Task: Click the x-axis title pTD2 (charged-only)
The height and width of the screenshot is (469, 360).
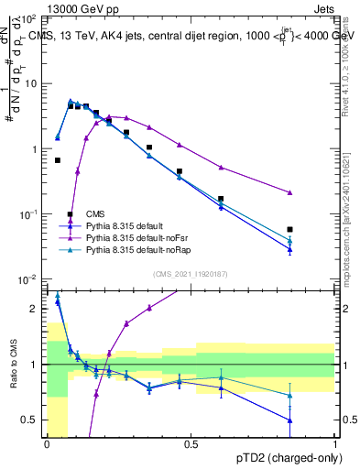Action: pos(289,456)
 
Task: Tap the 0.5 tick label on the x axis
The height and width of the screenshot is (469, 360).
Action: pos(191,444)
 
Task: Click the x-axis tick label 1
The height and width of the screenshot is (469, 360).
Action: pos(336,444)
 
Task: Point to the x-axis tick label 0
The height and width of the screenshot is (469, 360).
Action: pos(47,444)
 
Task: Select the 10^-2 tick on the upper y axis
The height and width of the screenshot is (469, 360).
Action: pos(30,278)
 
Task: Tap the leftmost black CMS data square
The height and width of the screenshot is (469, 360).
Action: pos(58,160)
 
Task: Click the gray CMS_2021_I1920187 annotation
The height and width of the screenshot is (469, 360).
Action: pos(190,273)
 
